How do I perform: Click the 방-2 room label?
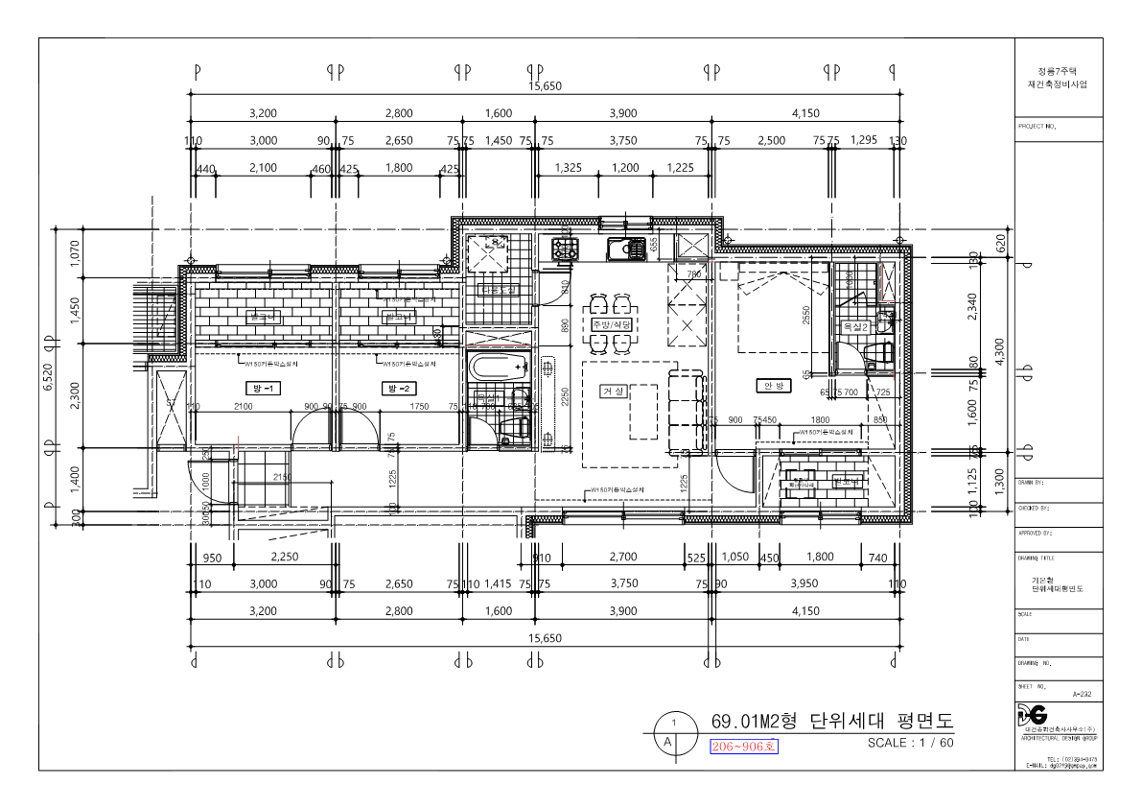(x=397, y=388)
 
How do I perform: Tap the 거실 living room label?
(x=613, y=392)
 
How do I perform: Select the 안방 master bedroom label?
(x=773, y=385)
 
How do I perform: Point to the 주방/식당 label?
(x=611, y=325)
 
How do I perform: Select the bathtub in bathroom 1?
(x=498, y=365)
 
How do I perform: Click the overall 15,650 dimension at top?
(x=545, y=86)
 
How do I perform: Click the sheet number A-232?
(x=1081, y=693)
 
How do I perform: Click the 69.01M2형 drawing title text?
(x=832, y=721)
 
